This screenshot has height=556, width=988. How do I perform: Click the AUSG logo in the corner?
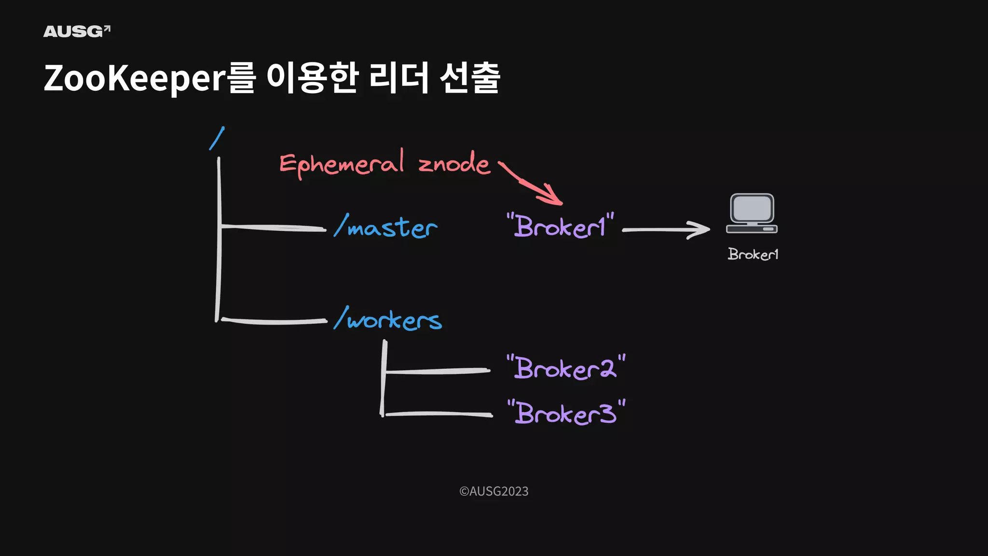[x=77, y=31]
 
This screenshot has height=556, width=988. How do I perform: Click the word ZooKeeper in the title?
[x=135, y=78]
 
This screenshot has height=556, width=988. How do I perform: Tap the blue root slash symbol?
[x=217, y=138]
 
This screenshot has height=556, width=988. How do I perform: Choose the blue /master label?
[x=386, y=227]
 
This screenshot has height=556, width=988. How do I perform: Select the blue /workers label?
[x=388, y=320]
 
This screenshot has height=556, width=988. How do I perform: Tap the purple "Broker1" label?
[x=560, y=226]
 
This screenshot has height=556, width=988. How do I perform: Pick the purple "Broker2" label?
[x=566, y=368]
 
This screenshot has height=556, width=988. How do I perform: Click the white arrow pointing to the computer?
[x=666, y=230]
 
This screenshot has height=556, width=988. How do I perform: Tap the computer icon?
[x=752, y=213]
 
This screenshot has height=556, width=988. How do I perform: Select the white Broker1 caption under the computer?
[x=753, y=254]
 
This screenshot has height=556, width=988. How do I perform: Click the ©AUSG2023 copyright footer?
[x=494, y=491]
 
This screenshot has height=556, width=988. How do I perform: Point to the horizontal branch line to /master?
[x=273, y=227]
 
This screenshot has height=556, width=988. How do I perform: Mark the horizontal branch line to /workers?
[x=274, y=321]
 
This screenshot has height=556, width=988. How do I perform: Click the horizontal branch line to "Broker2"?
[x=437, y=371]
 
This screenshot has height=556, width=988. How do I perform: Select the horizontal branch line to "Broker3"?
[x=438, y=414]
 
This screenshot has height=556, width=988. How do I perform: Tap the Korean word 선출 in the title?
[x=470, y=78]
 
